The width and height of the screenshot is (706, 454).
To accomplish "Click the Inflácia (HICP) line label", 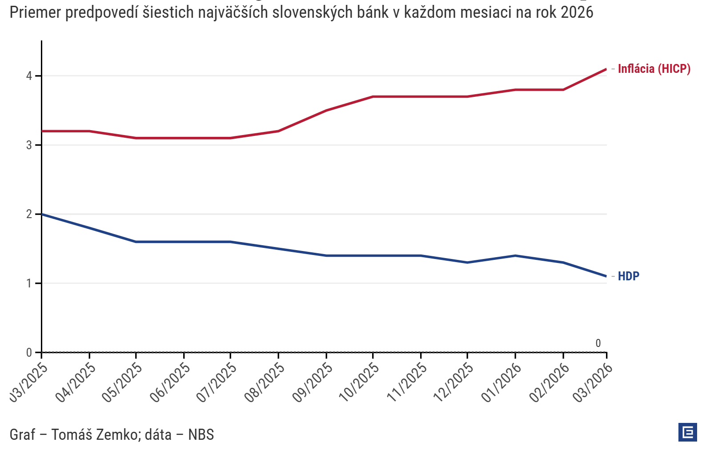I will click(654, 69).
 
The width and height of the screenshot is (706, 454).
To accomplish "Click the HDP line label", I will click(628, 276).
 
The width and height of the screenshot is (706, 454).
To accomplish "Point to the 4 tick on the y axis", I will click(29, 76).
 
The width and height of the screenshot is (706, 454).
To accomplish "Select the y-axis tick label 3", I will click(29, 145).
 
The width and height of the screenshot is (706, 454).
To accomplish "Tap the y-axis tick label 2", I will click(29, 214).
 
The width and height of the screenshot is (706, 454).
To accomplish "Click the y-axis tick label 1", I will click(29, 283).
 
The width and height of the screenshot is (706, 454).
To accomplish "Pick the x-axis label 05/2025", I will click(123, 382).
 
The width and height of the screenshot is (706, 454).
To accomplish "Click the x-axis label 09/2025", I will click(313, 382).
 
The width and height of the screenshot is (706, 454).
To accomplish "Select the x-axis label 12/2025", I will click(454, 382).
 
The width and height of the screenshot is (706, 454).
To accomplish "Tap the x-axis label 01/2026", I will click(502, 382).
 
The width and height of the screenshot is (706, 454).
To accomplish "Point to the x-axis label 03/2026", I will click(593, 382).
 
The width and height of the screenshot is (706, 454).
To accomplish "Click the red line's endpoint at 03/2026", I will click(606, 69).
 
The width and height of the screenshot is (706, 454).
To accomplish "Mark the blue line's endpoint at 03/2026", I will click(606, 276).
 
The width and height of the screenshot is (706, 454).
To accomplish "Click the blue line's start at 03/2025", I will click(42, 214).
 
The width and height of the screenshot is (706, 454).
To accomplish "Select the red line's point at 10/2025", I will click(373, 96).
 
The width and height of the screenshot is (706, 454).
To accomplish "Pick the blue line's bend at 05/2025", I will click(136, 242).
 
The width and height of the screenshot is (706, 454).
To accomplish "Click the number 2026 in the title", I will click(577, 12).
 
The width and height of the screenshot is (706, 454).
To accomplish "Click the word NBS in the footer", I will click(201, 434).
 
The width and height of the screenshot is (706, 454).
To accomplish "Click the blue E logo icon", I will click(687, 432).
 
